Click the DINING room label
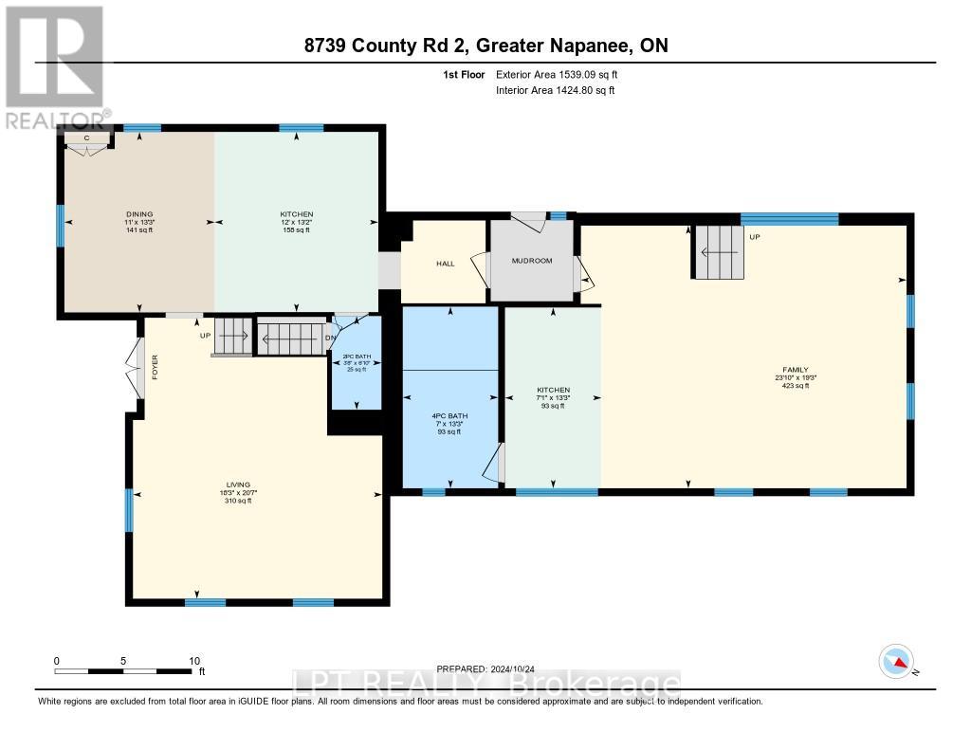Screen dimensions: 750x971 point(138,214)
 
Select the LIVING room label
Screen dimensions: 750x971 point(238,485)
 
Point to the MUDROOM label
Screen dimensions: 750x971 point(531,261)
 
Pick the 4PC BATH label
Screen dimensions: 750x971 point(450,415)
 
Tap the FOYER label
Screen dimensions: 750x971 point(155,367)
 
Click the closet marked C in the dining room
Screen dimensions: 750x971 point(86,140)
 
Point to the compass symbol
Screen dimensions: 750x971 point(895,661)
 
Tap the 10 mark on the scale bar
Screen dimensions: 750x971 point(193,661)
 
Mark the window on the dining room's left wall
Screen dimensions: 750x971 point(60,225)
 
